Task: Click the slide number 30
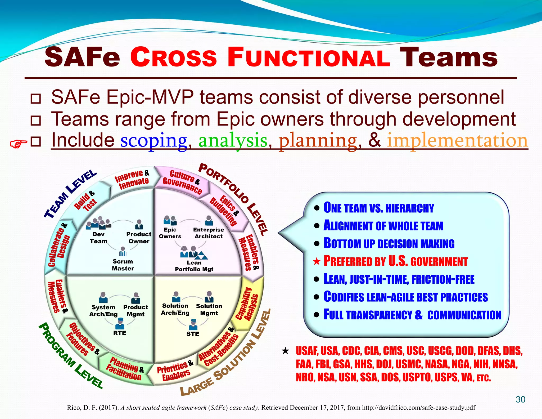coord(520,399)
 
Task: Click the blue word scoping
coord(154,141)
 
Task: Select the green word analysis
coord(233,141)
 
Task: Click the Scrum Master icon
coord(123,252)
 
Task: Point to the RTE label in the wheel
coord(120,333)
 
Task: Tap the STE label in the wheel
coord(193,334)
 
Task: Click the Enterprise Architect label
coord(209,233)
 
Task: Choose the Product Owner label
coord(139,238)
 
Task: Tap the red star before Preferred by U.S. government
coord(317,262)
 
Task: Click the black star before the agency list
coord(285,351)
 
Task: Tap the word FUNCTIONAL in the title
coord(309,57)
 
